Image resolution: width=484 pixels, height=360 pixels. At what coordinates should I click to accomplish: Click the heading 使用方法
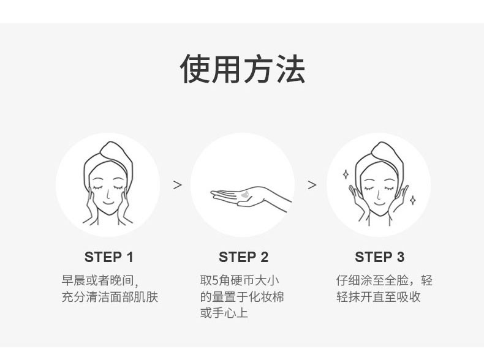(x=243, y=69)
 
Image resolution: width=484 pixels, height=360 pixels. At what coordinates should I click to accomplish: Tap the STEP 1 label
(x=108, y=257)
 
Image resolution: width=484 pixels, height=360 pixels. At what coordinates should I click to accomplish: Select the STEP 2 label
(x=244, y=257)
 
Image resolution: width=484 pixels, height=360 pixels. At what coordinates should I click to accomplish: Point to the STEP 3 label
(x=379, y=257)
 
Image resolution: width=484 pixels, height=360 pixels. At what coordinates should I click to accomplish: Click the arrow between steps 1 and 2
(x=178, y=185)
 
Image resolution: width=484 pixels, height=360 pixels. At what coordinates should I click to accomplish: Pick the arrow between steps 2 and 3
(x=312, y=185)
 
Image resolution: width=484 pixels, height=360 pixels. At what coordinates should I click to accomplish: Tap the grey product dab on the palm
(x=246, y=195)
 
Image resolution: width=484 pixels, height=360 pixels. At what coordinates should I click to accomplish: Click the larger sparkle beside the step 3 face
(x=346, y=174)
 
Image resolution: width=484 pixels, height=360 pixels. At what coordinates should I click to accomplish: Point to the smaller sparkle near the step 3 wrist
(x=413, y=200)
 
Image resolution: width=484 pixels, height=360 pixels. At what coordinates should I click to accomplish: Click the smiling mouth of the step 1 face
(x=108, y=203)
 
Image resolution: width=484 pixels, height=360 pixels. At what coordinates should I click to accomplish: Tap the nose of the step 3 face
(x=379, y=195)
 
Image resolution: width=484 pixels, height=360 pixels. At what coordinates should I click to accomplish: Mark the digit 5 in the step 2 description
(x=216, y=280)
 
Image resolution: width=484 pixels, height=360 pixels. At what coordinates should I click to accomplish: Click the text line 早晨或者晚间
(x=100, y=280)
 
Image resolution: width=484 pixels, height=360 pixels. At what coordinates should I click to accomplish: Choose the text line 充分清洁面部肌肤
(x=110, y=297)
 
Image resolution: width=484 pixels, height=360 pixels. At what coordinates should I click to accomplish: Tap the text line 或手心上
(x=224, y=313)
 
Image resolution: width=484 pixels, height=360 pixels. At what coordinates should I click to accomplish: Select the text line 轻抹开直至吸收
(x=379, y=297)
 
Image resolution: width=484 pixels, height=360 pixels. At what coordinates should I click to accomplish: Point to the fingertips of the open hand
(x=213, y=193)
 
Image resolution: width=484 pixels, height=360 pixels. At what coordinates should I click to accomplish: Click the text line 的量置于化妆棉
(x=242, y=297)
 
